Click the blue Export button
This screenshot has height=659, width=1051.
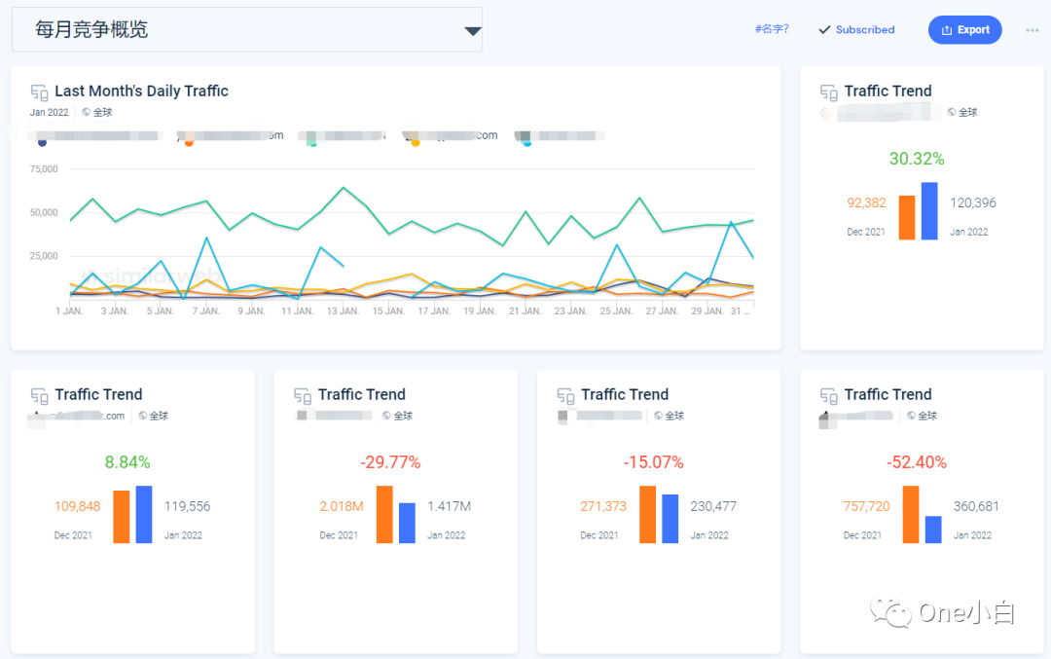[x=965, y=30]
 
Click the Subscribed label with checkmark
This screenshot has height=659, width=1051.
[x=856, y=30]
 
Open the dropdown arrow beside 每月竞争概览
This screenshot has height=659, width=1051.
[x=473, y=31]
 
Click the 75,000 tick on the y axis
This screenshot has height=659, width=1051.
[x=44, y=169]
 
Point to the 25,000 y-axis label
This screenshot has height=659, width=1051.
[x=44, y=256]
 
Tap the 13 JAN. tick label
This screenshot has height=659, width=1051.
[x=343, y=311]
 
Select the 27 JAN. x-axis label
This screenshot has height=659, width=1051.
[x=662, y=311]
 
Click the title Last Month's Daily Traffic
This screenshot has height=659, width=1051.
[x=141, y=92]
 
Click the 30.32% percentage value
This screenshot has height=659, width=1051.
[x=917, y=159]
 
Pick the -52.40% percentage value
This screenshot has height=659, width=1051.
[x=917, y=462]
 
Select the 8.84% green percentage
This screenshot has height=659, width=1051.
[x=127, y=462]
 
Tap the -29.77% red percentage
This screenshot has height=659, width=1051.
[x=390, y=462]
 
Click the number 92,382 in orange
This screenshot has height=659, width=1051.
[x=867, y=203]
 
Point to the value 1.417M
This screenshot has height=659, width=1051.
[x=449, y=507]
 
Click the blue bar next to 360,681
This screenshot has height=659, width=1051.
[x=933, y=530]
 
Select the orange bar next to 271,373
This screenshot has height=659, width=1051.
[x=647, y=515]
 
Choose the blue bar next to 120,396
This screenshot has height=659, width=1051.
[x=929, y=211]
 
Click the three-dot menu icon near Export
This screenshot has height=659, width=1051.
[x=1032, y=30]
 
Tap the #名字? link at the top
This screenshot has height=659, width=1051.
[x=772, y=29]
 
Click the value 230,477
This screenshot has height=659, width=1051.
[x=713, y=507]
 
